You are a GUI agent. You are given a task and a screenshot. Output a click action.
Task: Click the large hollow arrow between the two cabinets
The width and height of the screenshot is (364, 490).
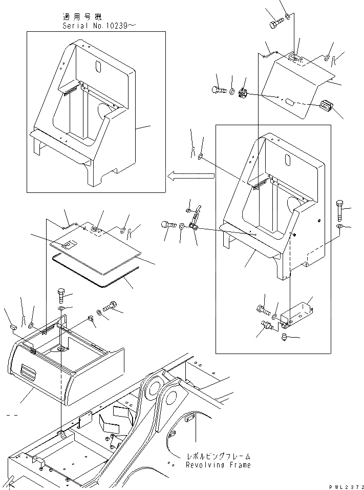190,176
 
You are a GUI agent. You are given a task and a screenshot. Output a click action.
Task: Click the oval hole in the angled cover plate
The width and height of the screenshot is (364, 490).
290,103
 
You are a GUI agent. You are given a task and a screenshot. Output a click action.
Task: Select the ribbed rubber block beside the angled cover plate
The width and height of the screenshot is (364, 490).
326,107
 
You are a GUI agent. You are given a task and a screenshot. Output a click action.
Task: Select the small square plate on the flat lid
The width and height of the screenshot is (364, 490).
66,246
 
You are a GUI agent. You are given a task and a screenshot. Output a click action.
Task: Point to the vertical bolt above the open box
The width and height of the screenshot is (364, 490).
59,297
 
